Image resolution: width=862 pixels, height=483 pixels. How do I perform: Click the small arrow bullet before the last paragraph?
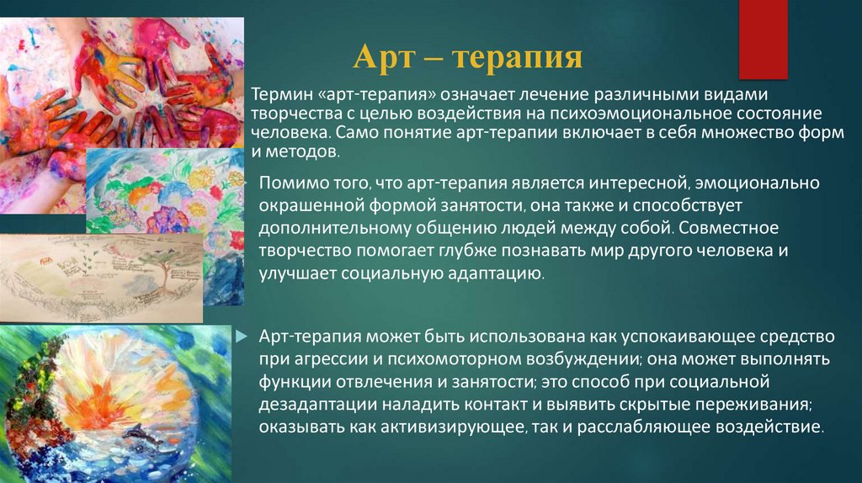pos(242,337)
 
